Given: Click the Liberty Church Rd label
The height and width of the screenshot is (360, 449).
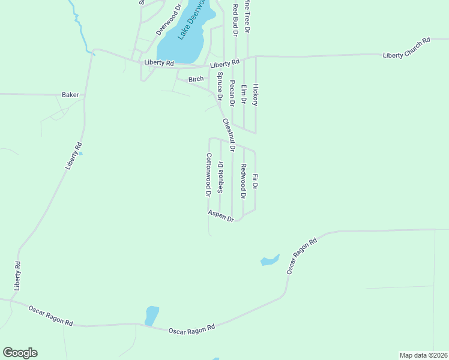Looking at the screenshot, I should (x=407, y=48).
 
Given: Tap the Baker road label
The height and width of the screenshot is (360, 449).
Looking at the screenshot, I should (x=70, y=95).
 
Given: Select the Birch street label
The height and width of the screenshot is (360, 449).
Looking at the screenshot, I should (x=196, y=79).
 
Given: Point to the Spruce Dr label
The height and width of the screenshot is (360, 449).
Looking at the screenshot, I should (x=220, y=86).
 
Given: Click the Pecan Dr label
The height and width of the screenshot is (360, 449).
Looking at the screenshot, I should (x=232, y=95).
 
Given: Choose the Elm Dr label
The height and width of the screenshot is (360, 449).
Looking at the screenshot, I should (x=244, y=95).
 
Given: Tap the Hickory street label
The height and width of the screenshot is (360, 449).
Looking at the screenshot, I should (x=255, y=95).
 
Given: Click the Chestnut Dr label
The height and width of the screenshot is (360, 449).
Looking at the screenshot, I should (x=228, y=134).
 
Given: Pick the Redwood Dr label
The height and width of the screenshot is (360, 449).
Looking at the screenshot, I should (x=244, y=181).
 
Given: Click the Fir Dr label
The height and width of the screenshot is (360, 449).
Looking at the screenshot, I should (x=255, y=182).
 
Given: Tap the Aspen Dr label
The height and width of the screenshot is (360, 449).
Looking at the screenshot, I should (x=220, y=216).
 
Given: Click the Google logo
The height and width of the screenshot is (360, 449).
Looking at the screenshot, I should (x=20, y=353).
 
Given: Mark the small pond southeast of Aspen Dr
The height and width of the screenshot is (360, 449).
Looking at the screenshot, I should (x=270, y=260).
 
